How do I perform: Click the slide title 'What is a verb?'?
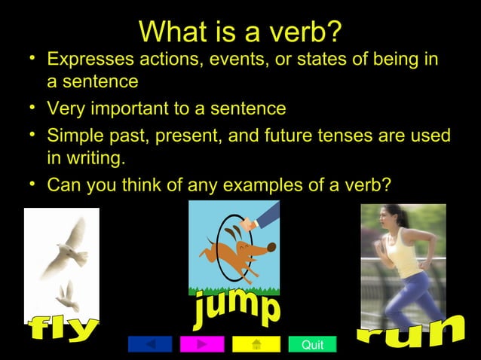pyautogui.click(x=240, y=32)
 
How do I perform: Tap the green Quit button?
pyautogui.click(x=312, y=345)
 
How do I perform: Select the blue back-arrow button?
pyautogui.click(x=150, y=345)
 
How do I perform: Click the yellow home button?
pyautogui.click(x=256, y=345)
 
